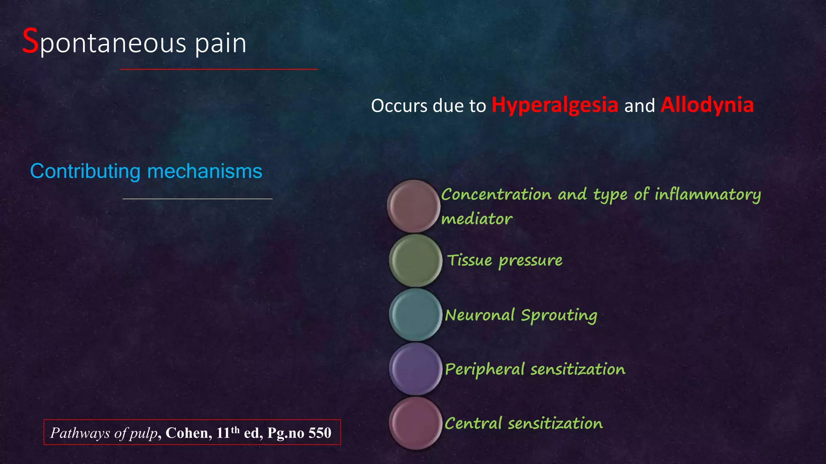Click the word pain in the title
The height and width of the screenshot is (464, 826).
(x=221, y=43)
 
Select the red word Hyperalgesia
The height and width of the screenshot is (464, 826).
(x=555, y=105)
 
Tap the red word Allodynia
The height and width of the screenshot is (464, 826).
(x=707, y=105)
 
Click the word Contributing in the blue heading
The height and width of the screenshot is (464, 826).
(x=85, y=172)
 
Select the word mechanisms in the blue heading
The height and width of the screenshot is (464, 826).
(x=204, y=172)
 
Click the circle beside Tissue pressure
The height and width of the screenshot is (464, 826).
(x=415, y=261)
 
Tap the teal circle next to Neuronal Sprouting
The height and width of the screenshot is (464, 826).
(x=415, y=315)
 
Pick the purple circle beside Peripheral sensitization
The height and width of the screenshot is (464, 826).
(x=415, y=369)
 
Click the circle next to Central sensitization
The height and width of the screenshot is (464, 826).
(x=415, y=423)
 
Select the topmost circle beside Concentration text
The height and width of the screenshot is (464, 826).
(x=413, y=206)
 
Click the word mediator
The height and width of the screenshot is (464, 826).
(x=476, y=219)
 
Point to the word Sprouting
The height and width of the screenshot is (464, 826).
(x=559, y=315)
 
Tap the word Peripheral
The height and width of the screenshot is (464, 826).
(x=484, y=369)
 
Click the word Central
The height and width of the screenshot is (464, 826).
(x=473, y=423)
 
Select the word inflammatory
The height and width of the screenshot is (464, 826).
(x=707, y=195)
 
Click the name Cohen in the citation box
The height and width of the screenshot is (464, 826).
(x=188, y=433)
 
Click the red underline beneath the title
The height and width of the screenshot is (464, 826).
(x=219, y=69)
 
